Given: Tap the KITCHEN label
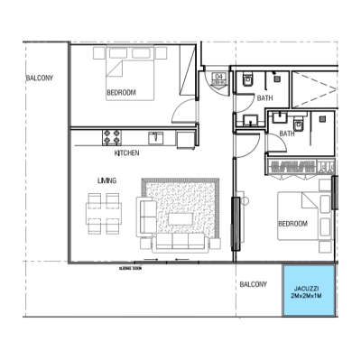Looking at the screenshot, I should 126,153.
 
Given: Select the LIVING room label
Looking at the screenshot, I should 107,180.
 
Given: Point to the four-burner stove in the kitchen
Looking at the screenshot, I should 113,137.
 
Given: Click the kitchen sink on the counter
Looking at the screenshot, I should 156,137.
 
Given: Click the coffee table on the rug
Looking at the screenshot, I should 180,217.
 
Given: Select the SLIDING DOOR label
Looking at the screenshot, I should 131,268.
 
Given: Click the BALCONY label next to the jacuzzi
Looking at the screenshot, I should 253,284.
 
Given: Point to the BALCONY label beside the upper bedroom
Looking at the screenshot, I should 39,78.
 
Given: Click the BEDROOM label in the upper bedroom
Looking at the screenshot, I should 121,92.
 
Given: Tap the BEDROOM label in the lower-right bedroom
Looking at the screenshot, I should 292,223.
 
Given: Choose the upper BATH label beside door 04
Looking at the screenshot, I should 264,97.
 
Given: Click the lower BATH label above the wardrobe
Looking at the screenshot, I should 287,134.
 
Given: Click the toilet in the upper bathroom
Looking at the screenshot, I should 246,81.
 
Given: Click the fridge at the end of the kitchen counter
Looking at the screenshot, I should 186,137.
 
